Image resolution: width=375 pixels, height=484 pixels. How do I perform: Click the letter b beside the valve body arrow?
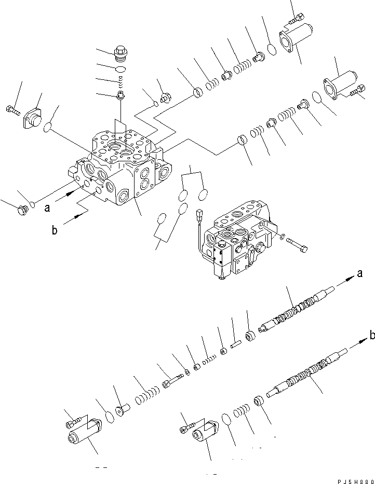[x=55, y=231]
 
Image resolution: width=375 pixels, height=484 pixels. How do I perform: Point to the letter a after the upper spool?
[x=359, y=273]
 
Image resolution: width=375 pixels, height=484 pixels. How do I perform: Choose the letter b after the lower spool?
[x=371, y=336]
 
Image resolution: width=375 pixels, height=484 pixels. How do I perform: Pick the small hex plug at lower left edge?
[x=21, y=210]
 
